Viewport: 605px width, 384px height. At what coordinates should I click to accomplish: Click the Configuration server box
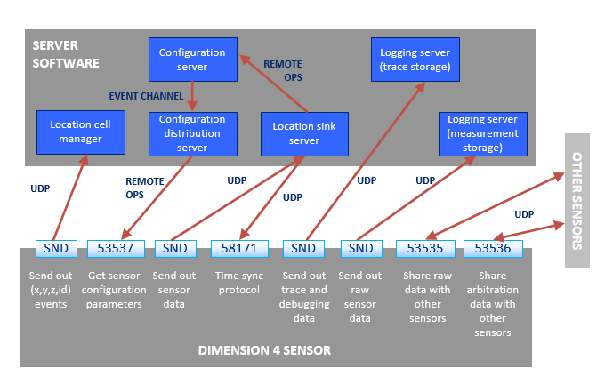(x=193, y=59)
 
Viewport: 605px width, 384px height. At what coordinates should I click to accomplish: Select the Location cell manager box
(x=80, y=132)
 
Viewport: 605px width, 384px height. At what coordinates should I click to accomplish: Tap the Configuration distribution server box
(x=193, y=132)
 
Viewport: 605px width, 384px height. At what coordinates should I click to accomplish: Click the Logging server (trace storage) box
(x=414, y=59)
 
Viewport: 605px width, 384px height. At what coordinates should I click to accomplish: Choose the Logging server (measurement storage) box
(x=483, y=132)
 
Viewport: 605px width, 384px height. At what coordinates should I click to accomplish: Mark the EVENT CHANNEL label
(x=146, y=95)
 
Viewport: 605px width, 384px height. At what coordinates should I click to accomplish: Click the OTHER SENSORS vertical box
(x=577, y=200)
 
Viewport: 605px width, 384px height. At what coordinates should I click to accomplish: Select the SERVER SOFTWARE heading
(x=65, y=54)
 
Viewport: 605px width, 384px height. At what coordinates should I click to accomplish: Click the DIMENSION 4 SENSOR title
(x=264, y=350)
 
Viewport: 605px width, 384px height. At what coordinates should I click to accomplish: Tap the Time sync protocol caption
(x=239, y=284)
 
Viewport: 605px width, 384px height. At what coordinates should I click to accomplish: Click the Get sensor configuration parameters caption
(x=117, y=290)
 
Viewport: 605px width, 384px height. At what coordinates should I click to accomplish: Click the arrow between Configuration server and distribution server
(x=193, y=96)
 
